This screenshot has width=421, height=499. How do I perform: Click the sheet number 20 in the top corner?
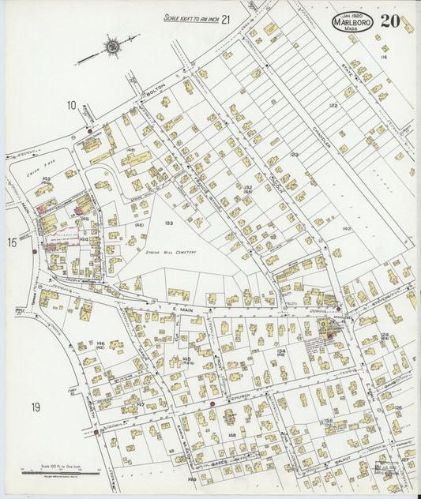tap(389, 21)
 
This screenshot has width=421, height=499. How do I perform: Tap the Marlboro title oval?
tap(353, 21)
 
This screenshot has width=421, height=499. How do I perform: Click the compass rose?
tap(113, 47)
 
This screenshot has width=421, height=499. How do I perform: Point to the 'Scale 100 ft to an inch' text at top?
tap(189, 17)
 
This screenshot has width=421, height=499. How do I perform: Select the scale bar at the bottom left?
tap(62, 471)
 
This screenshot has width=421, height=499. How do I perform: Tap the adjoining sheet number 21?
tap(226, 19)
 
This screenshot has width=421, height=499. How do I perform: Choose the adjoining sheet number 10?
tap(71, 106)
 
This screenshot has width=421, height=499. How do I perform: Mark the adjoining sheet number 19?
tap(36, 407)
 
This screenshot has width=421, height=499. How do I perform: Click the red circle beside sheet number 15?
tap(35, 251)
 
